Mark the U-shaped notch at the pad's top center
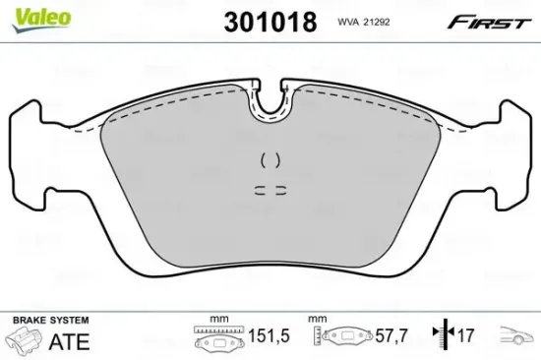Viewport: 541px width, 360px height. click(x=270, y=106)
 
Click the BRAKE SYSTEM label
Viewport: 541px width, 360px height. click(x=49, y=321)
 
